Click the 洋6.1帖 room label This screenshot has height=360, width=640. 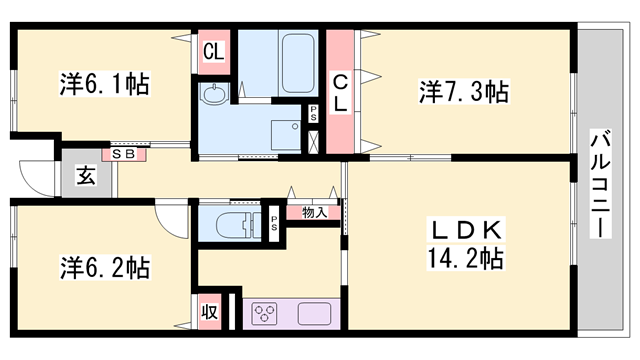click(104, 84)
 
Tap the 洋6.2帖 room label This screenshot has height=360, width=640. click(104, 267)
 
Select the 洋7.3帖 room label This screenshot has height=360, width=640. click(463, 92)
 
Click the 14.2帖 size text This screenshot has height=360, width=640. click(463, 259)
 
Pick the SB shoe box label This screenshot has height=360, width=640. click(124, 154)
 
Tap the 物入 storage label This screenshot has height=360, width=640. click(313, 212)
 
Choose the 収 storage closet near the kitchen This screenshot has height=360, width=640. click(210, 310)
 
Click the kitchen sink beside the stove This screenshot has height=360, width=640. click(315, 313)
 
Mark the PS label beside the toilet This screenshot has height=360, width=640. click(273, 222)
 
